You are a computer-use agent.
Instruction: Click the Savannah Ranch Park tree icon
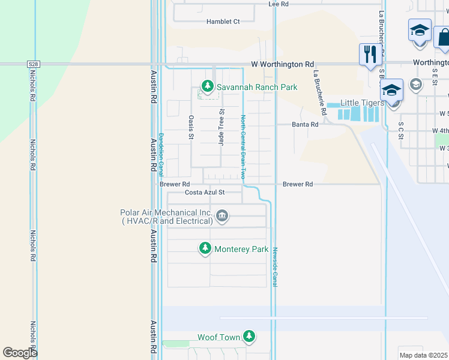point(208,87)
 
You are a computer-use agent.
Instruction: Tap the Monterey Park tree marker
point(205,248)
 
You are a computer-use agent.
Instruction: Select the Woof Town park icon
point(249,337)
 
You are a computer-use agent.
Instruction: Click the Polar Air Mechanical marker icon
point(222,216)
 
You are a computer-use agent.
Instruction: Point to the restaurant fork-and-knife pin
point(369,55)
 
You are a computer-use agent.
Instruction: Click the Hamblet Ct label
point(223,22)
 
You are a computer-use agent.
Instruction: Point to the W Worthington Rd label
point(282,64)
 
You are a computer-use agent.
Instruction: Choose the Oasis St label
point(191,127)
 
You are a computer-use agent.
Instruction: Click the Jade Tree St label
point(221,127)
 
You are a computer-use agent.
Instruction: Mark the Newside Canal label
point(275,265)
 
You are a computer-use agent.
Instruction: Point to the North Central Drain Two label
point(243,147)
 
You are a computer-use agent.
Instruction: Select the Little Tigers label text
point(363,103)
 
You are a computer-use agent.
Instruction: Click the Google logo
point(20,353)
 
